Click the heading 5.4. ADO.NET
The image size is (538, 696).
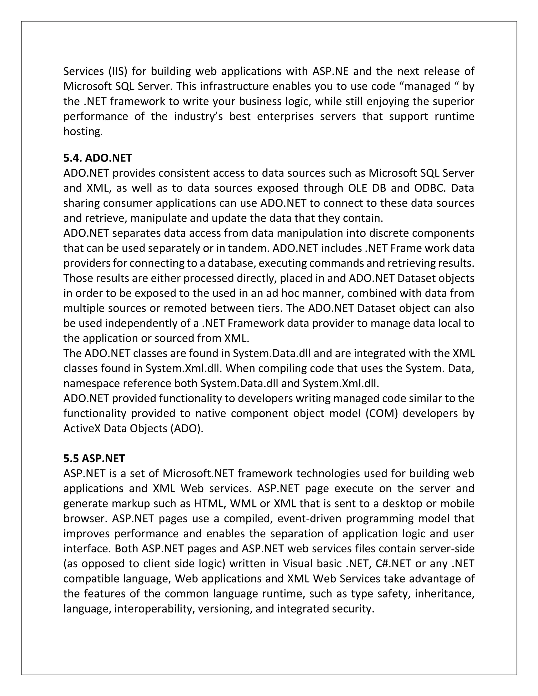click(97, 158)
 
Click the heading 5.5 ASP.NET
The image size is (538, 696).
click(94, 458)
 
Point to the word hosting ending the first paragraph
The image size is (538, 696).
click(82, 131)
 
